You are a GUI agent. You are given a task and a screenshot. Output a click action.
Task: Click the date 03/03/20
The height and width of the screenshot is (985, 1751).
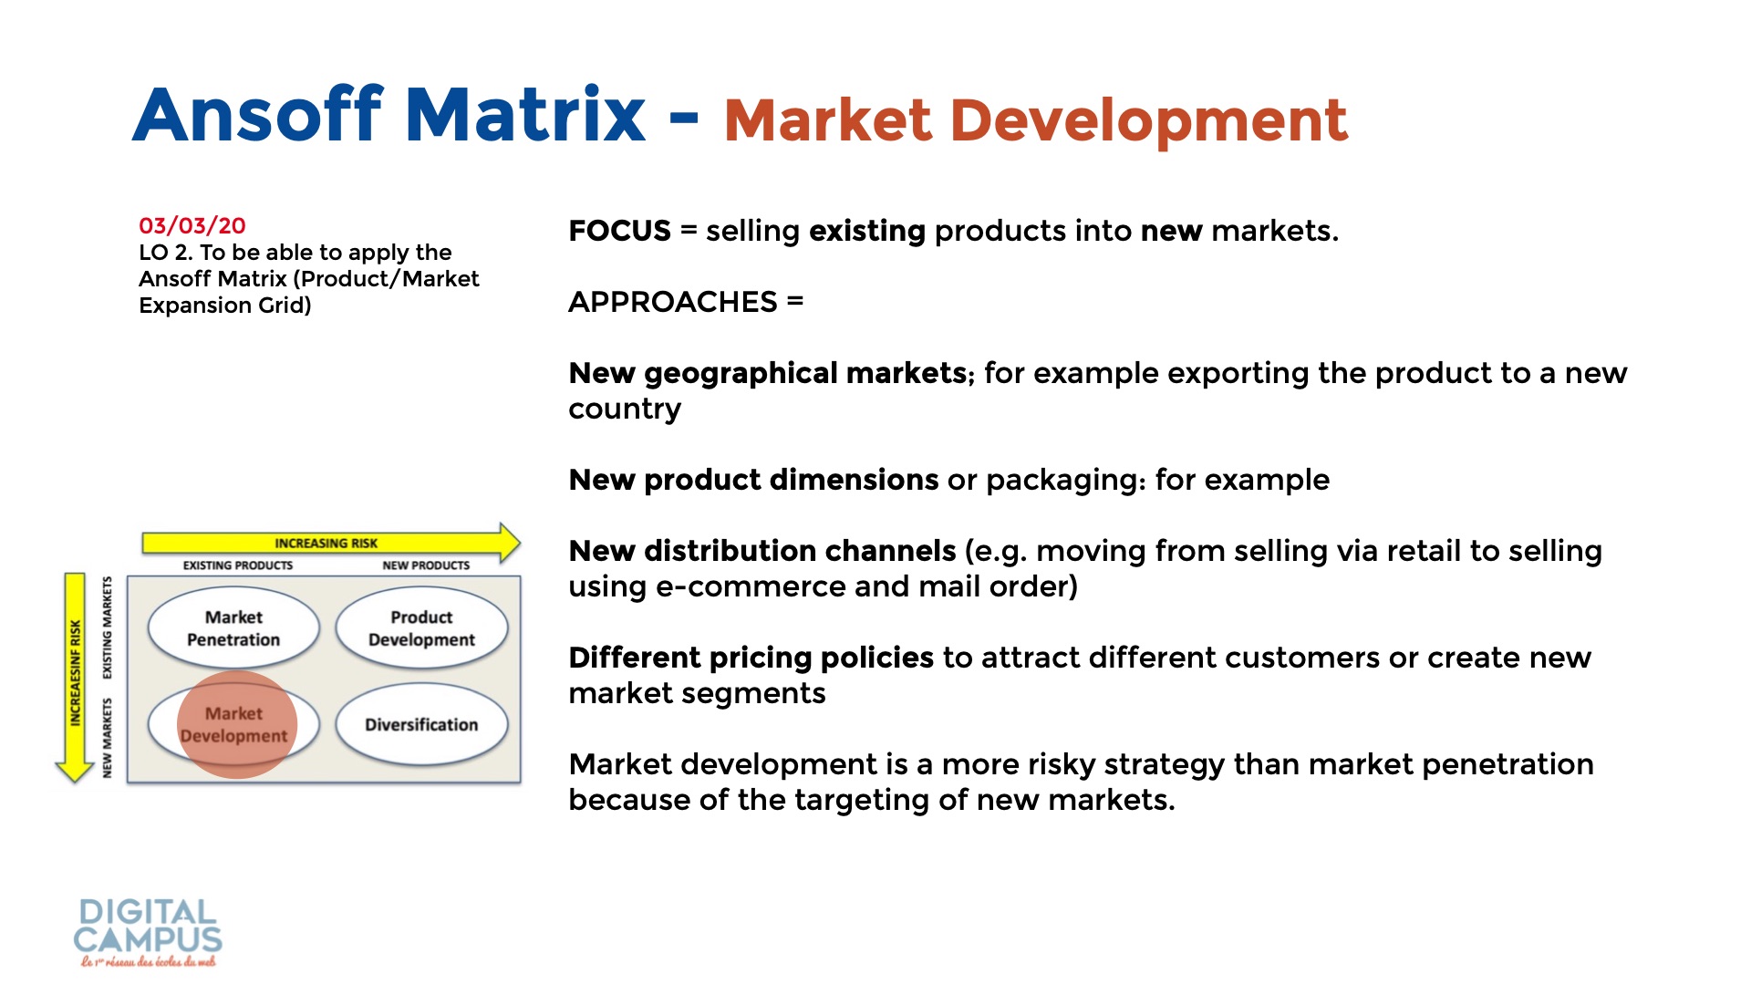pos(192,225)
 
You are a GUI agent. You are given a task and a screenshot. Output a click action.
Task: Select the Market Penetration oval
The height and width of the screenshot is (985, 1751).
pos(233,628)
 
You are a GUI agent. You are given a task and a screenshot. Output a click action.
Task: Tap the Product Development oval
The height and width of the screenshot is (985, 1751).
pos(421,628)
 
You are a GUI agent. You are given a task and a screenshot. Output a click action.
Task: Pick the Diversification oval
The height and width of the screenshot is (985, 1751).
pos(421,724)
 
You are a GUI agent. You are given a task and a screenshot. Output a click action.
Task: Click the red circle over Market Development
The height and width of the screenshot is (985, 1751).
pos(237,725)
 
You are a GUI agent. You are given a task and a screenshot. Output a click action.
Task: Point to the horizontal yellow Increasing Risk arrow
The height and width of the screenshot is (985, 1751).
pos(331,543)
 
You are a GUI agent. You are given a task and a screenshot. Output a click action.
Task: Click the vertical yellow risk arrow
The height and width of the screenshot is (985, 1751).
pos(75,678)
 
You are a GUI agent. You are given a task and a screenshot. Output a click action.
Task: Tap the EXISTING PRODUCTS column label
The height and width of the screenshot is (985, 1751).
pos(238,565)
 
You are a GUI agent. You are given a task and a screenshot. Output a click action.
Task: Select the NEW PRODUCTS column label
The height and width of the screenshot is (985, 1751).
pos(426,565)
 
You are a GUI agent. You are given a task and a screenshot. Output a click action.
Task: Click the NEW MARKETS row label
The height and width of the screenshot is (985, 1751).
pos(108,738)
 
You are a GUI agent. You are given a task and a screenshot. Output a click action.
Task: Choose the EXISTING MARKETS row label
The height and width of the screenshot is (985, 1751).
pos(108,627)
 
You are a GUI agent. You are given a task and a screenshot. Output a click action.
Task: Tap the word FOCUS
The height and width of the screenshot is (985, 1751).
pos(619,231)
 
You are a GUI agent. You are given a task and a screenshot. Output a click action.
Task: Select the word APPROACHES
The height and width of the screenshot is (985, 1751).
pos(673,302)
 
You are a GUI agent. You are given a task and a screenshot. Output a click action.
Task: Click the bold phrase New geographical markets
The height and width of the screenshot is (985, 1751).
pos(768,374)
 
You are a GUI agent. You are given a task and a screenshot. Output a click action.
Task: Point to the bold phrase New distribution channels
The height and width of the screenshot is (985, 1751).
pos(762,551)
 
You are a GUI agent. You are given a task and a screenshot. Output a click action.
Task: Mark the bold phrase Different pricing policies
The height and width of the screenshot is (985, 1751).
pos(751,658)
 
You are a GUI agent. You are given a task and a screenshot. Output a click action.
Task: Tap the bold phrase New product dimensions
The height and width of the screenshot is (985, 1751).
pos(753,480)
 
